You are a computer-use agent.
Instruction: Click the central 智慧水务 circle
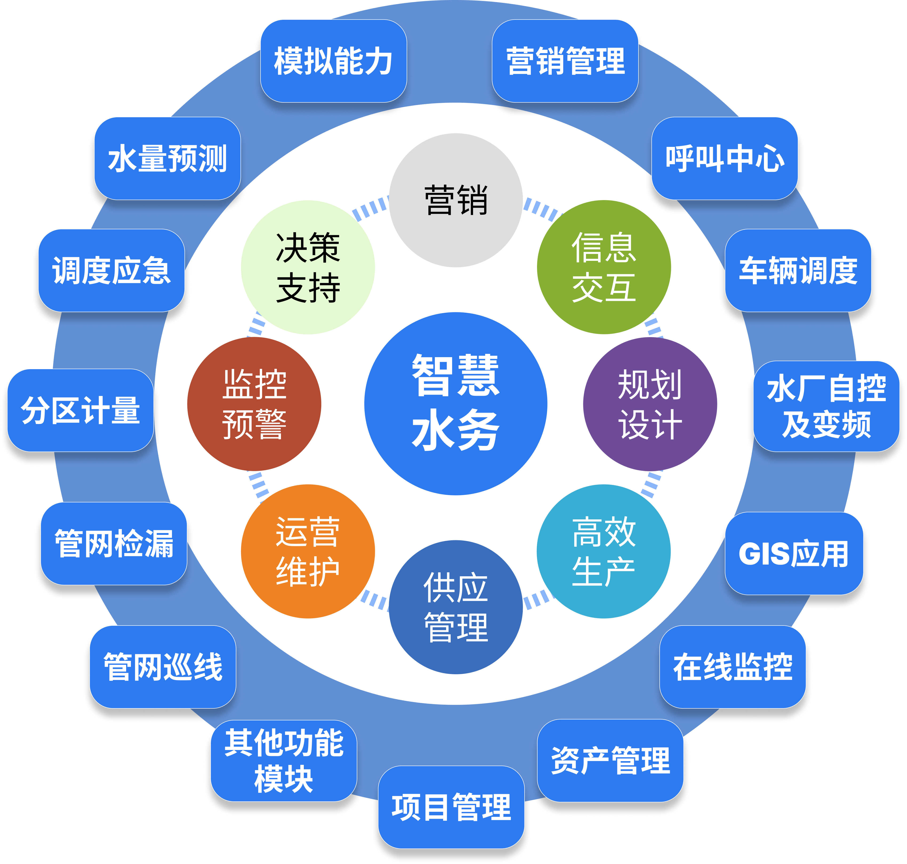click(455, 404)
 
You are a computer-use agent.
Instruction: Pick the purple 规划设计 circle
click(650, 404)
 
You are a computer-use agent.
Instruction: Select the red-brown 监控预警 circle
click(254, 404)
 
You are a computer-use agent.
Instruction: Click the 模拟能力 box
click(333, 61)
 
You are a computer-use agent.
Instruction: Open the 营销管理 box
click(565, 61)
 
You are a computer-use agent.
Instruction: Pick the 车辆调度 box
click(798, 270)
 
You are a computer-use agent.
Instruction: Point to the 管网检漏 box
click(114, 543)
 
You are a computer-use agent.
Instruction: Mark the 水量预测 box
click(167, 158)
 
